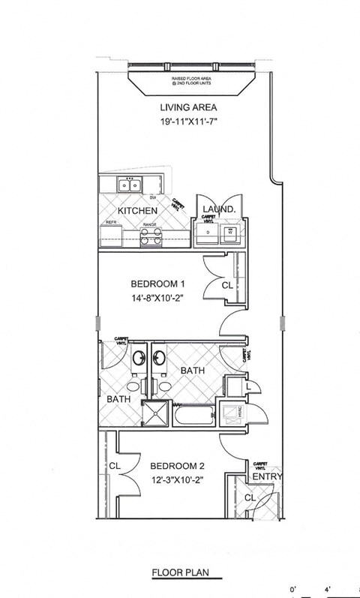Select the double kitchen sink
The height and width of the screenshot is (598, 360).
pyautogui.click(x=130, y=185)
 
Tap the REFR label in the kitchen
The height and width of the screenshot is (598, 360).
pyautogui.click(x=110, y=223)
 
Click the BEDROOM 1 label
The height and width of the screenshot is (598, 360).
pyautogui.click(x=157, y=284)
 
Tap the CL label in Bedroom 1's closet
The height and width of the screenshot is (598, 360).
pyautogui.click(x=226, y=285)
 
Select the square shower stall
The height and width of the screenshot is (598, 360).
pyautogui.click(x=155, y=413)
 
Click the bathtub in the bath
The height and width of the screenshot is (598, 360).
pyautogui.click(x=193, y=413)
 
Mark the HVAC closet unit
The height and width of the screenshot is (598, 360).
pyautogui.click(x=228, y=413)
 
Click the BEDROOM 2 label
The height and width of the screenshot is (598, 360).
pyautogui.click(x=177, y=465)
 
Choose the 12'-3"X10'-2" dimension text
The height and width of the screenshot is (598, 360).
pyautogui.click(x=177, y=479)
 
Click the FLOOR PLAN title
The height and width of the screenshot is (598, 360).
pyautogui.click(x=180, y=572)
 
